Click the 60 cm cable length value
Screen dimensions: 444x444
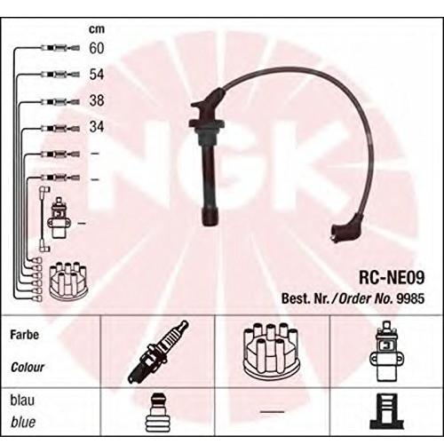point(97,48)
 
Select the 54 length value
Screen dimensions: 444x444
point(97,74)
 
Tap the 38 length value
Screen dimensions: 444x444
point(97,100)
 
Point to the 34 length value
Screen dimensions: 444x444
point(97,126)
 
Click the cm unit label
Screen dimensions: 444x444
point(97,29)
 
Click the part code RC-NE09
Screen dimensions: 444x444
point(392,277)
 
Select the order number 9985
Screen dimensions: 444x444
point(410,298)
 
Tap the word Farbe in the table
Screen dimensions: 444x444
point(24,335)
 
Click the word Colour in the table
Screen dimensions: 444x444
point(28,368)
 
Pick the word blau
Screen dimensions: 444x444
point(22,400)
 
